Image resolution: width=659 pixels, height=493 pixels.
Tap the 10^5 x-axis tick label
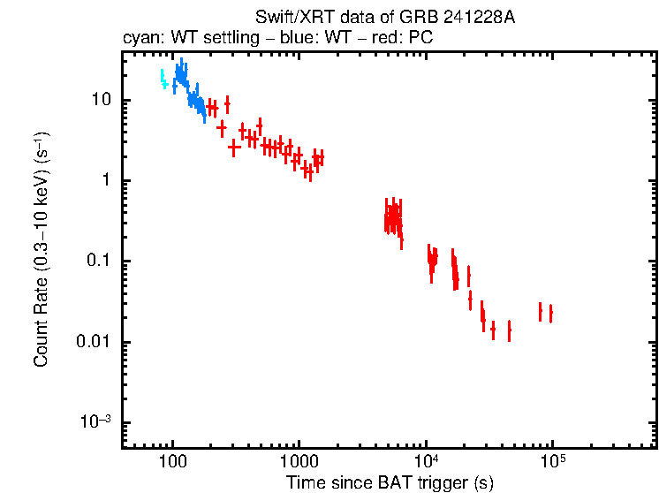pyautogui.click(x=552, y=461)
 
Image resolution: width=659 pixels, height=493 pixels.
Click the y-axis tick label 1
pyautogui.click(x=106, y=180)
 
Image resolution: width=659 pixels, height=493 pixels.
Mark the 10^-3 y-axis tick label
pyautogui.click(x=96, y=422)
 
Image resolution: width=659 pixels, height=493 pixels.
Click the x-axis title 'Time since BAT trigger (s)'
pyautogui.click(x=390, y=482)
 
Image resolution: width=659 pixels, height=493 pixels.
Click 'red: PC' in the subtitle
pyautogui.click(x=404, y=39)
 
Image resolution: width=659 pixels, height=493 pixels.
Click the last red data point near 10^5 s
pyautogui.click(x=550, y=314)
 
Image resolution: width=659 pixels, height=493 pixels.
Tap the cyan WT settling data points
pyautogui.click(x=163, y=80)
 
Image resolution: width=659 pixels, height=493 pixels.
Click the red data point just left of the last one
pyautogui.click(x=540, y=311)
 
